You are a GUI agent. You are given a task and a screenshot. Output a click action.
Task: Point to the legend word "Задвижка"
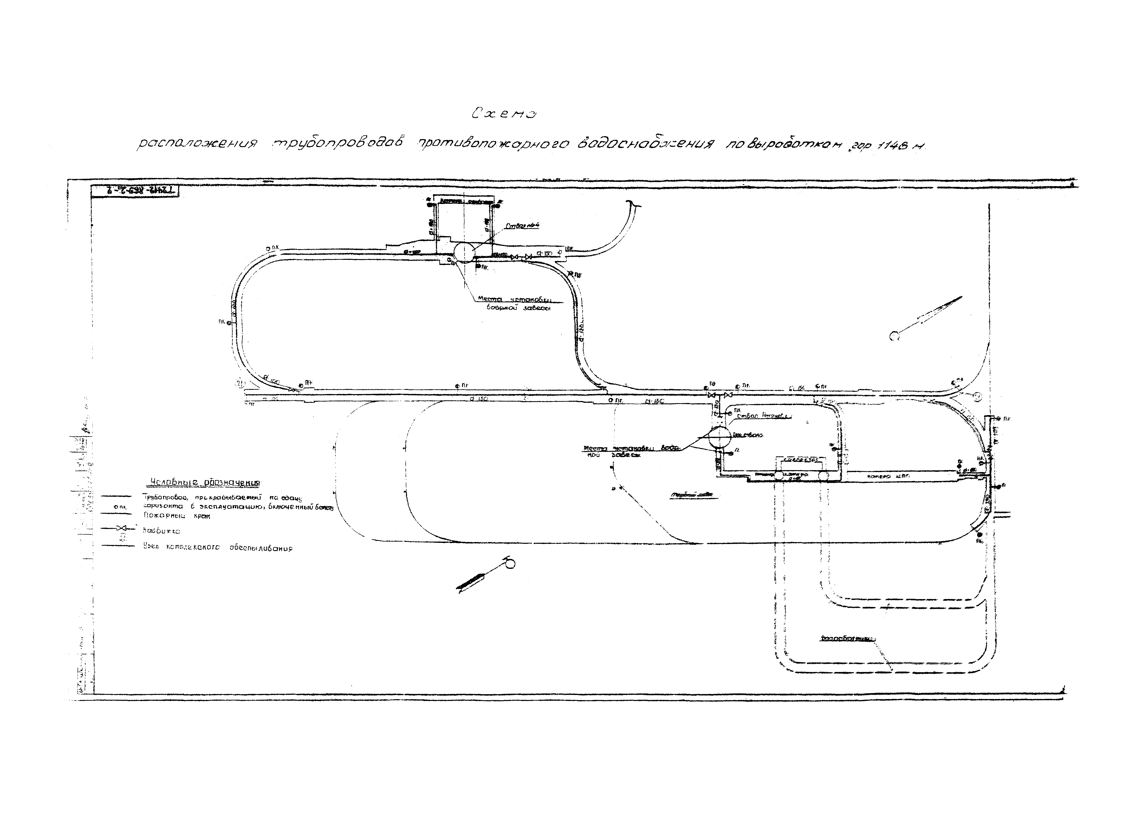[x=161, y=531]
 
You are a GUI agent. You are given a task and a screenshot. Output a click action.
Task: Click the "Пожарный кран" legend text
[x=176, y=516]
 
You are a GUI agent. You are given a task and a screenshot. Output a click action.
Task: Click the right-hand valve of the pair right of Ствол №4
[x=528, y=257]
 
